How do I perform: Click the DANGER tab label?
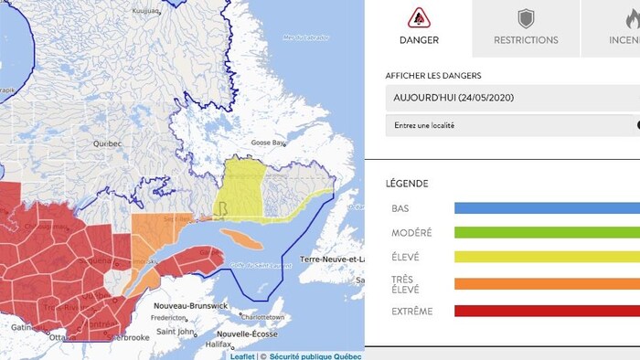click(x=419, y=40)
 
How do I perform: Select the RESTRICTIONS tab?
click(x=526, y=40)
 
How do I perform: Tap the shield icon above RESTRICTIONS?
click(x=526, y=18)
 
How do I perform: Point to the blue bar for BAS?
click(x=547, y=208)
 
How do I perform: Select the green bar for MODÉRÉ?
click(x=547, y=233)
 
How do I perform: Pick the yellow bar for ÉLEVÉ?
click(x=547, y=258)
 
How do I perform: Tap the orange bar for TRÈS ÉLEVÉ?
click(x=547, y=284)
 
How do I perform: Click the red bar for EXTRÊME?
click(x=547, y=312)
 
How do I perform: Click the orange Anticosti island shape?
click(x=240, y=238)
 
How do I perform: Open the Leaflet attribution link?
click(x=242, y=356)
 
